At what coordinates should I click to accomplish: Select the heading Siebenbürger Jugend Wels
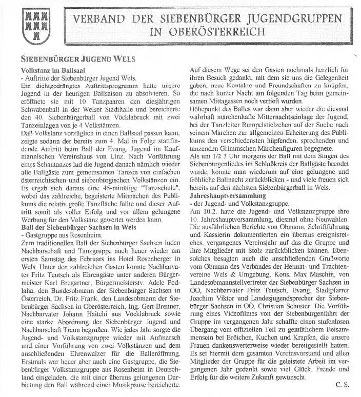(x=78, y=59)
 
